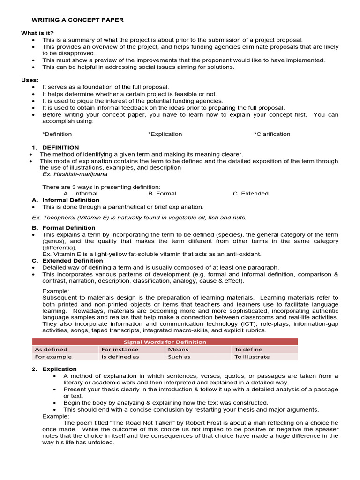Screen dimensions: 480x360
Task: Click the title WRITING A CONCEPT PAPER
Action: [77, 20]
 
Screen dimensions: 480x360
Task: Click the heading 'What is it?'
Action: [37, 33]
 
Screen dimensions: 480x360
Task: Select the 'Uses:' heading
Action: [30, 80]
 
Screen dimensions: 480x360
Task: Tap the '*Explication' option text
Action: [165, 134]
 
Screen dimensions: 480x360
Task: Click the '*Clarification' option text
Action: [272, 134]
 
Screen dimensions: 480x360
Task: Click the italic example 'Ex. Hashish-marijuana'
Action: [75, 174]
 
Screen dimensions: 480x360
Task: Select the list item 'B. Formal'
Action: [162, 193]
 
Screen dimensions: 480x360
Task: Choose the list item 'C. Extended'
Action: [250, 193]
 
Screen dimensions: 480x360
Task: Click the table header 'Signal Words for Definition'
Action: [165, 342]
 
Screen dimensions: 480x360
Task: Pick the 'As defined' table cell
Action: [51, 349]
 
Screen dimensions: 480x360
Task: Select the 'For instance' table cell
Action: [120, 349]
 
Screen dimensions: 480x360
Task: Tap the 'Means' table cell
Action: [178, 349]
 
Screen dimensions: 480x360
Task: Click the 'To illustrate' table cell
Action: [252, 357]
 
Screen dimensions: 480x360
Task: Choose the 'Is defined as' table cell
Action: [120, 357]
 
